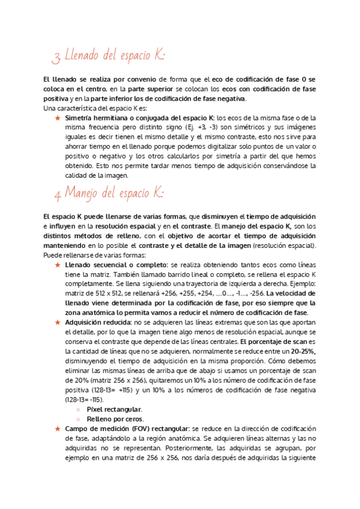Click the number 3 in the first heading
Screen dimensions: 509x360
coord(56,58)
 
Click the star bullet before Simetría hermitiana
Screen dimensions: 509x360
coord(57,119)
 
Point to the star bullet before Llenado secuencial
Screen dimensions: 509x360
coord(57,265)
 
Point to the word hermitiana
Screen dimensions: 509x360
coord(112,118)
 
